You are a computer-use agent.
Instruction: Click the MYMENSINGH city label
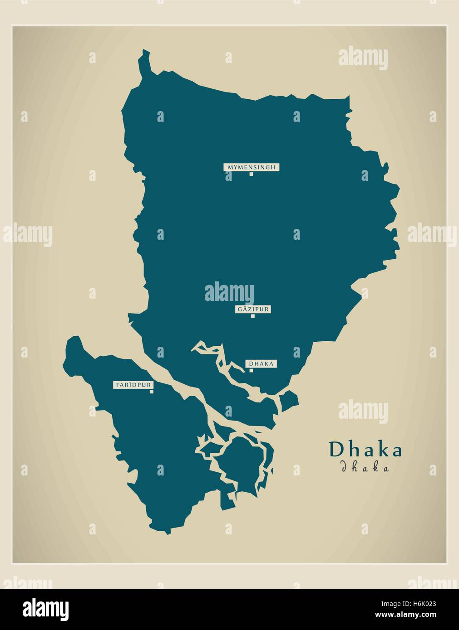click(x=251, y=167)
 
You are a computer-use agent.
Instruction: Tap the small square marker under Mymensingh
click(x=251, y=174)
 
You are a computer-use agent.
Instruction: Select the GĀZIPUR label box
click(x=253, y=310)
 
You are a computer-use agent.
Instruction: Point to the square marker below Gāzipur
click(x=253, y=316)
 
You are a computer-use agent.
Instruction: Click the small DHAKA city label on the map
click(x=261, y=363)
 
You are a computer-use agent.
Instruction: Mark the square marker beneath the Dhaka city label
click(x=251, y=370)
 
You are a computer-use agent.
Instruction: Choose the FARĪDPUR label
click(x=134, y=385)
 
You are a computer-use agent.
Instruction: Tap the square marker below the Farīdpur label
click(x=151, y=392)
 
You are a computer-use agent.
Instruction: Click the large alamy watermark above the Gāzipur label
click(x=229, y=292)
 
